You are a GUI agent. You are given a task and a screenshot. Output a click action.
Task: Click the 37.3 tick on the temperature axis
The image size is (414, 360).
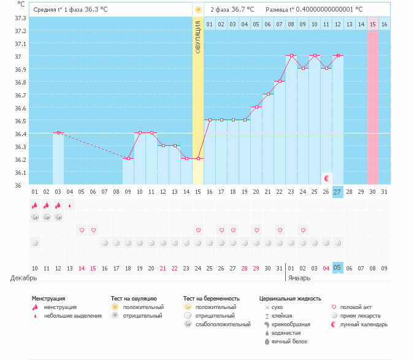[x=20, y=18]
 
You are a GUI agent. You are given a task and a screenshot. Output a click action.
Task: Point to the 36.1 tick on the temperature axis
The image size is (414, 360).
[x=20, y=172]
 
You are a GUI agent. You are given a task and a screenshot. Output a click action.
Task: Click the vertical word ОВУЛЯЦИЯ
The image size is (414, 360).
[x=198, y=37]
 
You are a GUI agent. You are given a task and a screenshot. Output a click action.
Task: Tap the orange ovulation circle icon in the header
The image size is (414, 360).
[x=197, y=10]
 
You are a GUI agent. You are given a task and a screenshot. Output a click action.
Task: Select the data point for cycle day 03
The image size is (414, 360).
[x=58, y=132]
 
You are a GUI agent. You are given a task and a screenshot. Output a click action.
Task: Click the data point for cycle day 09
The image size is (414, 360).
[x=128, y=158]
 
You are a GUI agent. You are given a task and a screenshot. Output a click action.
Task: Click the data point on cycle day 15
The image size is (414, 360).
[x=198, y=158]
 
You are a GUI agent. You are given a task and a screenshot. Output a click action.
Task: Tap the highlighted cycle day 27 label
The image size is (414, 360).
[x=337, y=191]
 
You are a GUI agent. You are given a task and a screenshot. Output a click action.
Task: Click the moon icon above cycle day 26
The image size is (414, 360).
[x=327, y=178]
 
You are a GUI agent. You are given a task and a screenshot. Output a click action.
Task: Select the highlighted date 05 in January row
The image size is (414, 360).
[x=337, y=268]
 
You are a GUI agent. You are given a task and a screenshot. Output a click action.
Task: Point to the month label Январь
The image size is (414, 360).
[x=299, y=278]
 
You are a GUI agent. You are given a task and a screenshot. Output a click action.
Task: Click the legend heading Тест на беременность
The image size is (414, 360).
[x=211, y=298]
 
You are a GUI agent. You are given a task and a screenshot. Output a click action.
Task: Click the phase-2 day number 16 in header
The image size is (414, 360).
[x=384, y=24]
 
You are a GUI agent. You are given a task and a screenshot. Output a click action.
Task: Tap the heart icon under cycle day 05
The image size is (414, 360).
[x=82, y=230]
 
